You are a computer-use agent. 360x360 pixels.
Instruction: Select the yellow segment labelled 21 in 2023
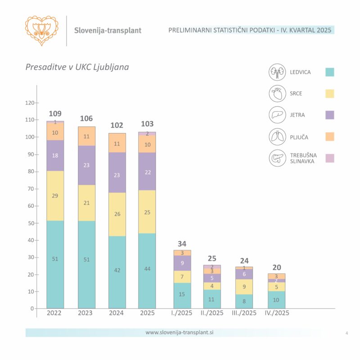[x=86, y=203]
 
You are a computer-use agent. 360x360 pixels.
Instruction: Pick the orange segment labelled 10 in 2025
[x=147, y=144]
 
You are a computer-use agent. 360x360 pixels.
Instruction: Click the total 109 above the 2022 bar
[x=55, y=113]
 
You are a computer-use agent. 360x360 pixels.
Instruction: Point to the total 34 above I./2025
[x=182, y=244]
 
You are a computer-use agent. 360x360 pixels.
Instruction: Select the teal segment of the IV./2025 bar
[x=276, y=300]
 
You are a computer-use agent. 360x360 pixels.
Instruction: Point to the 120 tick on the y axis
[x=29, y=103]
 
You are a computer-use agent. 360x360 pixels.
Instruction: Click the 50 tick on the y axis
[x=31, y=223]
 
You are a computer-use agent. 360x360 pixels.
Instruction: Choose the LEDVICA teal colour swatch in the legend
[x=330, y=72]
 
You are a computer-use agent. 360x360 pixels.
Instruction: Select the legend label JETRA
[x=297, y=115]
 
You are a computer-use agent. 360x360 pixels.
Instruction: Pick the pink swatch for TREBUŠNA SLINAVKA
[x=330, y=158]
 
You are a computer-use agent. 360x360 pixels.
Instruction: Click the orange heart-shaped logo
[x=42, y=31]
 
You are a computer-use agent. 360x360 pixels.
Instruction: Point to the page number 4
[x=346, y=333]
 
